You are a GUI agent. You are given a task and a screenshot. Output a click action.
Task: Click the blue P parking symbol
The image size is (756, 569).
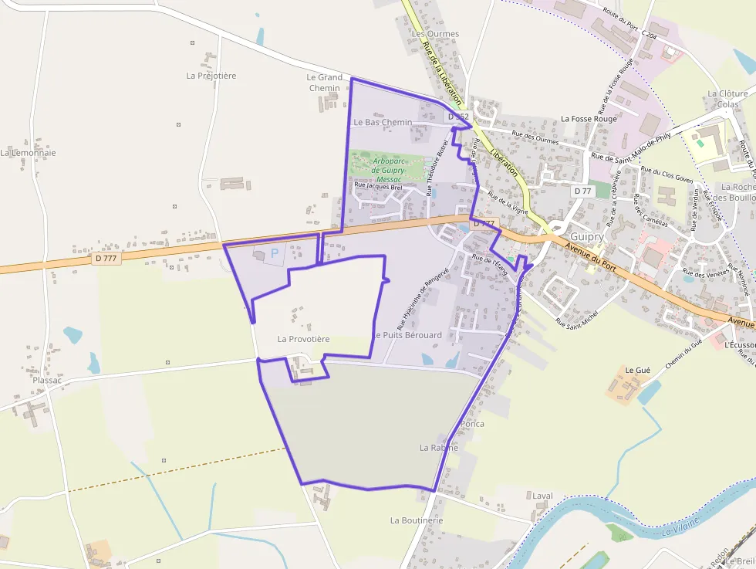pos(274,253)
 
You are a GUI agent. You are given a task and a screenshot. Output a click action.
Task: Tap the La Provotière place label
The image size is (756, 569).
pos(303,339)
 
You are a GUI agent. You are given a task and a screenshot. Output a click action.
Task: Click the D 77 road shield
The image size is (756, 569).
pos(582,190)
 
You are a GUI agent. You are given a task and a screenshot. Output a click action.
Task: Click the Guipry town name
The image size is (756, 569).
pos(586,237)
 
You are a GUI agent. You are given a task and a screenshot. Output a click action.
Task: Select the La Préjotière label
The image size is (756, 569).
pos(211,76)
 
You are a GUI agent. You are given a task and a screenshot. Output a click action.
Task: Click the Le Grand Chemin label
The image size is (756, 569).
pos(324,83)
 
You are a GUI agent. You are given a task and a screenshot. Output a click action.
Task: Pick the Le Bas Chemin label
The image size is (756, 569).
pos(383,122)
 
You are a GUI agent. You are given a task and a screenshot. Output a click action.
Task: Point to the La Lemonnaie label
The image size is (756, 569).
pos(28,153)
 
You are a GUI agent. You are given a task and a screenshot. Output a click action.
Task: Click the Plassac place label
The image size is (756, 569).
pos(47,380)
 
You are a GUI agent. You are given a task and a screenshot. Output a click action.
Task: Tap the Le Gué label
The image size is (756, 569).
pos(638,371)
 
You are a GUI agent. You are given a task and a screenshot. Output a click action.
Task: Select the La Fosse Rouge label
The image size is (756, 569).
pos(589,119)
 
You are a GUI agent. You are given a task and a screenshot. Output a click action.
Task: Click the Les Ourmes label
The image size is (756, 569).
pos(435,34)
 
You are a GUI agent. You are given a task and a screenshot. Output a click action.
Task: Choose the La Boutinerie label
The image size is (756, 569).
pos(417,520)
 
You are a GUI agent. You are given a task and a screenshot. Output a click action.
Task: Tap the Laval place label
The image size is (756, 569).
pos(543,495)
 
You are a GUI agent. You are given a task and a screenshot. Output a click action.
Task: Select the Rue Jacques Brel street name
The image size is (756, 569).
pos(378,186)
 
